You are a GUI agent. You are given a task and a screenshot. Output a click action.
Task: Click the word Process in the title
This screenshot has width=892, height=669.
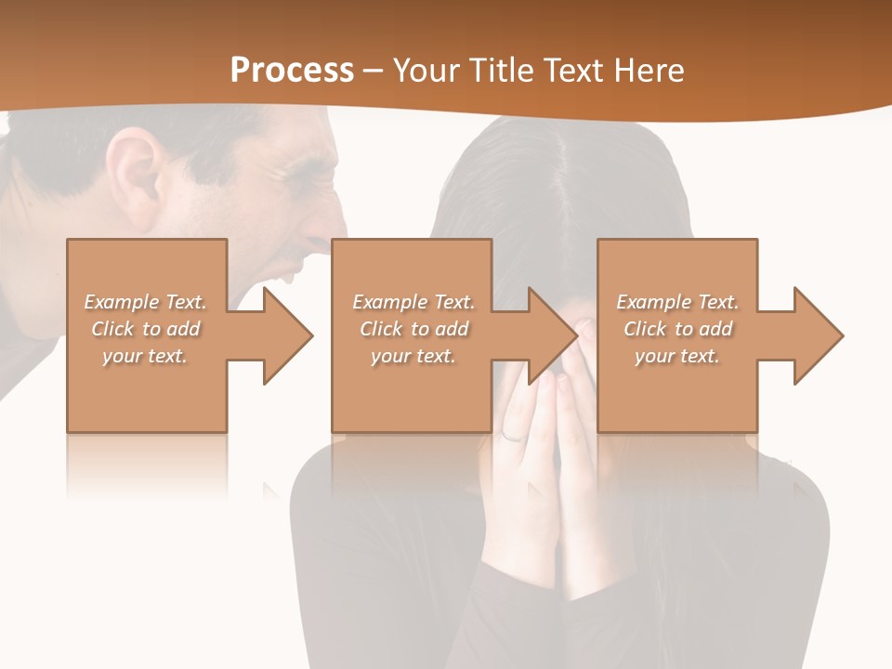coord(292,70)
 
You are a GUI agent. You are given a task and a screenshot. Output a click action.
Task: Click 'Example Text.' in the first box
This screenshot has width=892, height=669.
coord(146,302)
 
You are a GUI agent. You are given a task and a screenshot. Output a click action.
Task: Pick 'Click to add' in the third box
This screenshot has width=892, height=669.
coord(678,329)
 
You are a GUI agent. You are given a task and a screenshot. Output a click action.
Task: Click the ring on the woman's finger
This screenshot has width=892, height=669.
coord(513,435)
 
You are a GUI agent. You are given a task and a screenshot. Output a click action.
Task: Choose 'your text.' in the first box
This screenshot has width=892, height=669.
coord(145,356)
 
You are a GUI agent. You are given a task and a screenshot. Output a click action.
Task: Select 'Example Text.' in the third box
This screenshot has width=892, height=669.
coord(678,302)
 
